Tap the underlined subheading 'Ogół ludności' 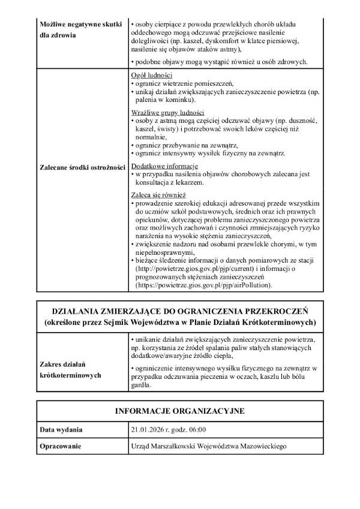click(x=152, y=76)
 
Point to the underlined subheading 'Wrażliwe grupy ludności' click(x=167, y=113)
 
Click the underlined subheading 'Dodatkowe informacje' click(x=164, y=165)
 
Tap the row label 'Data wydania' click(x=61, y=430)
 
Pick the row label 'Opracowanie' click(x=60, y=447)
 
